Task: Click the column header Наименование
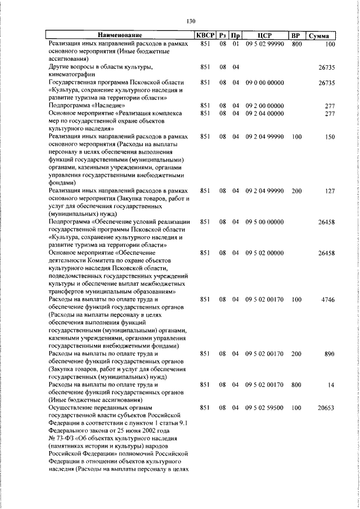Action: [x=120, y=36]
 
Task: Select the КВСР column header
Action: [x=205, y=36]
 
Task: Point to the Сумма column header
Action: [x=322, y=36]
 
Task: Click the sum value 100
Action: [x=330, y=44]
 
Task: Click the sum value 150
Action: [x=330, y=137]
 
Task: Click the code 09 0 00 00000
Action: [x=264, y=82]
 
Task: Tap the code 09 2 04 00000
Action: [x=264, y=113]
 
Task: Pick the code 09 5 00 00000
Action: [x=264, y=222]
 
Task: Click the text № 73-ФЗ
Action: [x=62, y=437]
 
